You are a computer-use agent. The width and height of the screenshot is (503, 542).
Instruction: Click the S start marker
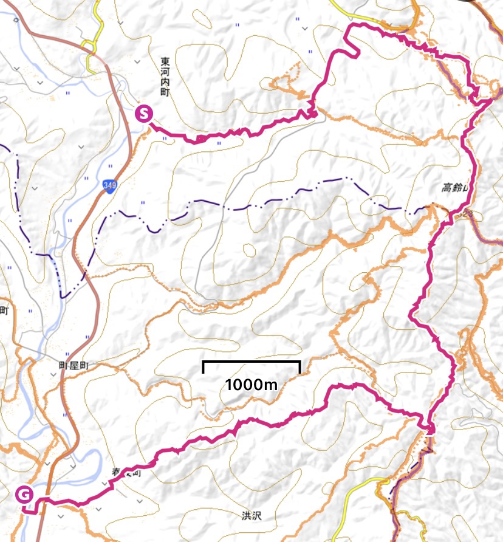[144, 114]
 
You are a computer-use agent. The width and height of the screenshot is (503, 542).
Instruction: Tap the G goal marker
[24, 495]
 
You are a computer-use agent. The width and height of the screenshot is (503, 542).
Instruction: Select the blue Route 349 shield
[109, 185]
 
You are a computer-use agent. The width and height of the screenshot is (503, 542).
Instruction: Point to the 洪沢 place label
[250, 515]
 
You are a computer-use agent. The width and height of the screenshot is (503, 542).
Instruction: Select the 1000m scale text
[251, 384]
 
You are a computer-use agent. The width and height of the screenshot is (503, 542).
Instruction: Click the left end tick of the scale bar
[204, 366]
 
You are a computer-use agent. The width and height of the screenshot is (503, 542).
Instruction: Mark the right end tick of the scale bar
[299, 366]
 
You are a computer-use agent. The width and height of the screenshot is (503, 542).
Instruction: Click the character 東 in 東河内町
[165, 62]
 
